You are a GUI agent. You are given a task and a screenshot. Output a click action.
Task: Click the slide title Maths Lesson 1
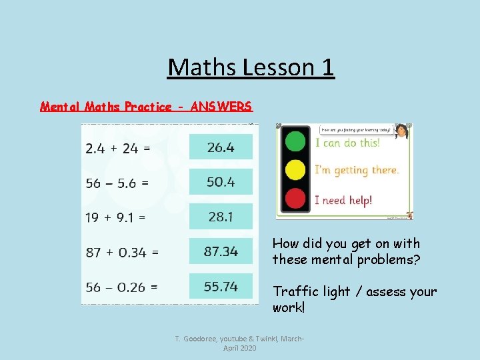tap(251, 67)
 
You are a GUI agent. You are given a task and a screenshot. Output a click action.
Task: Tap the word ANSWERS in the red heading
tap(221, 107)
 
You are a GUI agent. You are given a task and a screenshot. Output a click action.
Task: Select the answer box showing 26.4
tap(221, 147)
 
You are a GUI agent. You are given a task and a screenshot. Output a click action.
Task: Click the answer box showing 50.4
tap(221, 181)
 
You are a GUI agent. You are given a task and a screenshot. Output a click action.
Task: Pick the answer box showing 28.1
tap(221, 217)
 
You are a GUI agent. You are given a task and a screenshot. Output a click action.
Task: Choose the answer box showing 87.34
tap(221, 251)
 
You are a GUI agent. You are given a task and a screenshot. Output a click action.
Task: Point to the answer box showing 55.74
tap(221, 286)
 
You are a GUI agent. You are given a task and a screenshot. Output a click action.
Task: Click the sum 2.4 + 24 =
tap(118, 148)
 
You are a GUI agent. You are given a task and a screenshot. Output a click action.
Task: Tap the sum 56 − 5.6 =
tap(117, 182)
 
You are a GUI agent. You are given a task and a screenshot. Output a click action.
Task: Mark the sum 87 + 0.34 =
tap(122, 252)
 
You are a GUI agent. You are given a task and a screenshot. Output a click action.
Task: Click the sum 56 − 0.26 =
tap(122, 287)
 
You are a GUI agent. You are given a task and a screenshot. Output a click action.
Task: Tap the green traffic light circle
tap(295, 141)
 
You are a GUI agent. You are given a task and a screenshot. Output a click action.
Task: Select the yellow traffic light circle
tap(295, 170)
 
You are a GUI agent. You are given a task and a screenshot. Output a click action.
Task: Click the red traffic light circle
tap(295, 198)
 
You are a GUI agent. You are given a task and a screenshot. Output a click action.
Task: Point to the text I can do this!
tap(347, 143)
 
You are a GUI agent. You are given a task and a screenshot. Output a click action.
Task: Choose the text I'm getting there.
tap(357, 171)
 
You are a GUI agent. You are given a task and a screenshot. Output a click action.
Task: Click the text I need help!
tap(343, 199)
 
